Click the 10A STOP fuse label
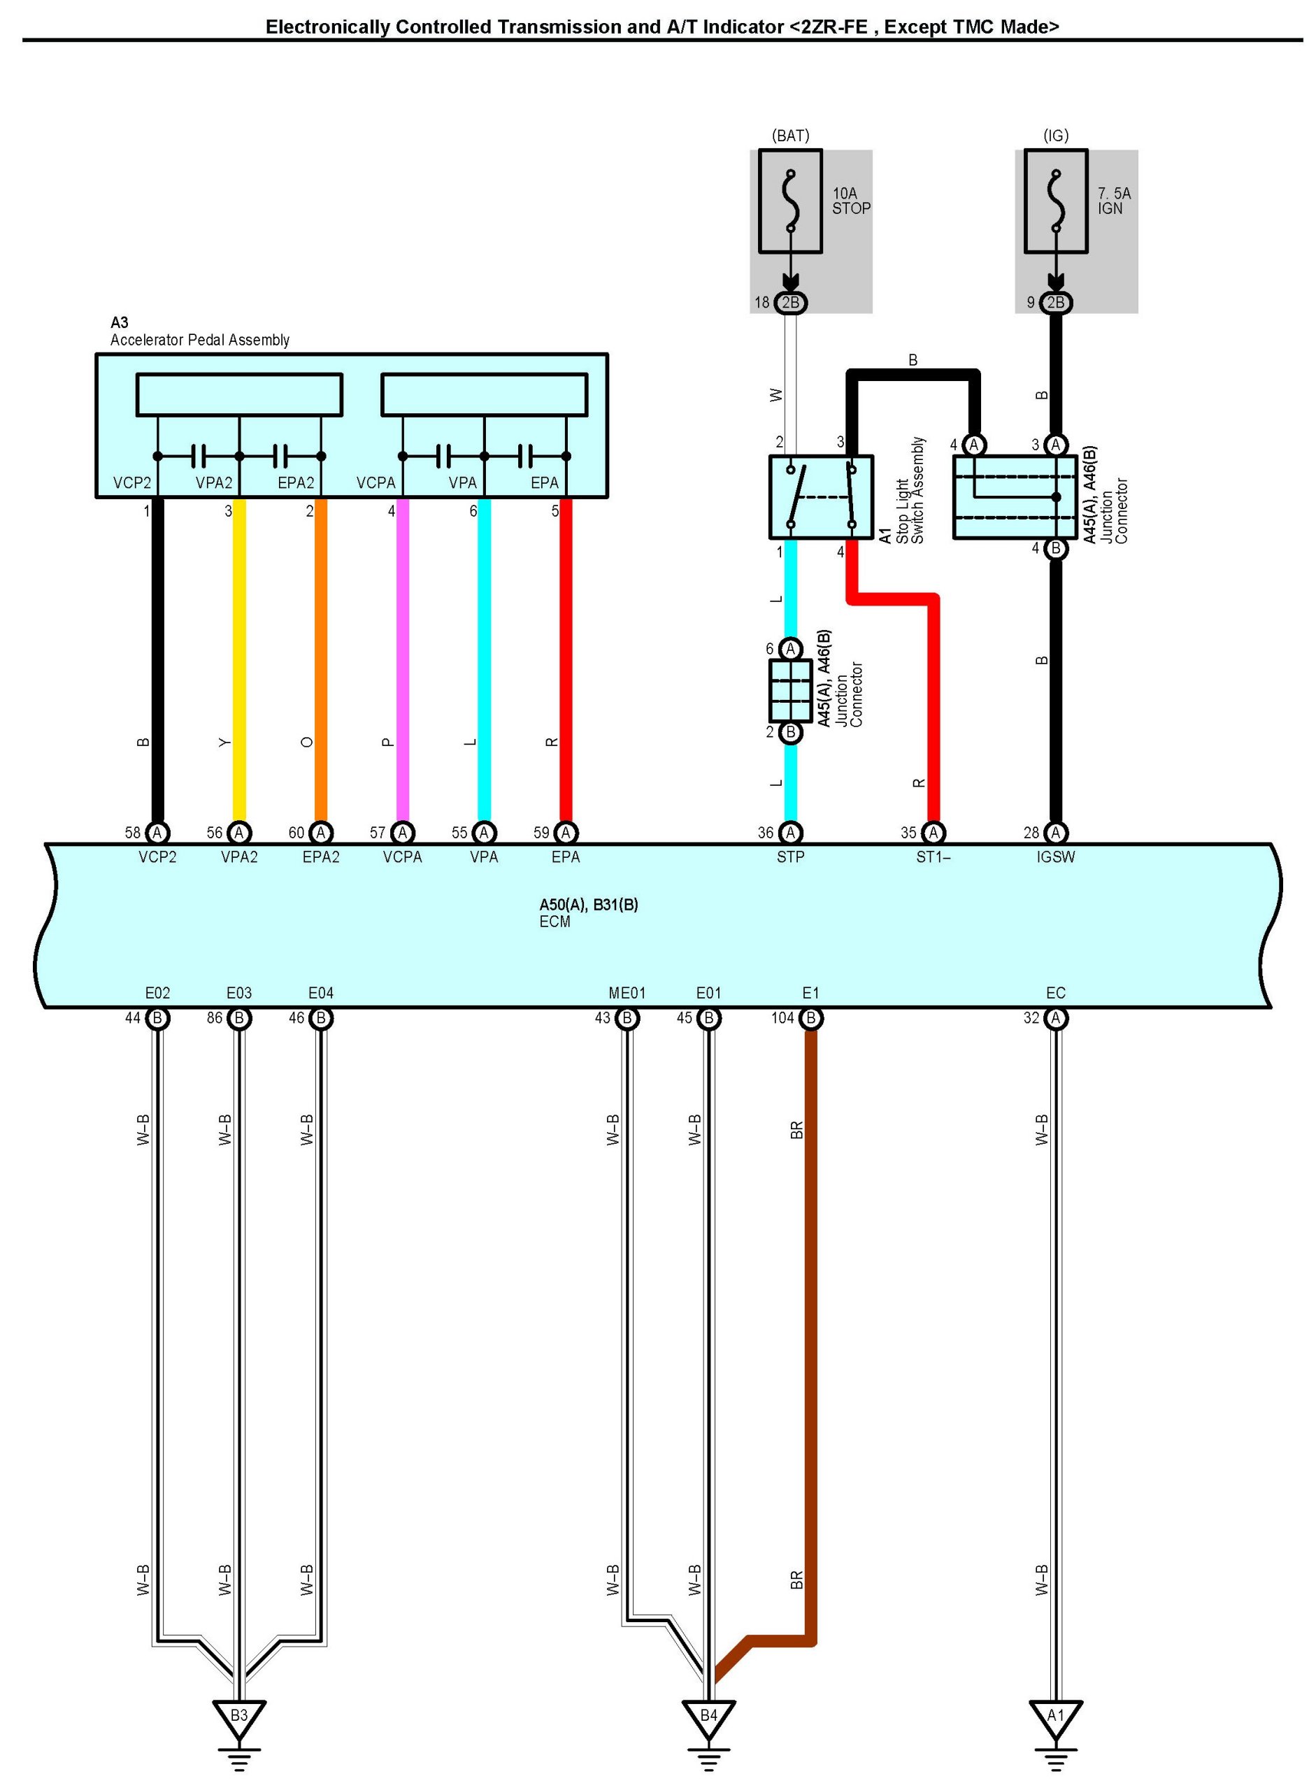(851, 201)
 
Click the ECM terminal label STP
(790, 857)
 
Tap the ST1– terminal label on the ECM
(932, 857)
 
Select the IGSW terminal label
(1054, 857)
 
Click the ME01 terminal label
(627, 993)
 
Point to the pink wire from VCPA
(402, 661)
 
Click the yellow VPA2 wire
(239, 661)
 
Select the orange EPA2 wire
(321, 661)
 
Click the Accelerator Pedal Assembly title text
(199, 340)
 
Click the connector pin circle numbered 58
(158, 833)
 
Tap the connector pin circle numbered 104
(811, 1018)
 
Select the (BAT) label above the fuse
(790, 136)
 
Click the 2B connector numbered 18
(790, 303)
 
